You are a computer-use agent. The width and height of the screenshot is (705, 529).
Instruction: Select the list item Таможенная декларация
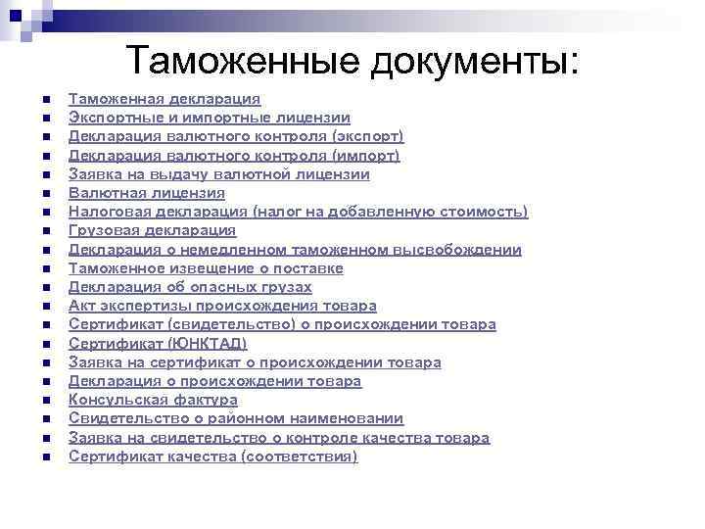164,100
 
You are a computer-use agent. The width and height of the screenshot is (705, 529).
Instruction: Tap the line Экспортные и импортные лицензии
210,119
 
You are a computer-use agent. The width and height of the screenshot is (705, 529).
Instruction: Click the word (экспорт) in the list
368,137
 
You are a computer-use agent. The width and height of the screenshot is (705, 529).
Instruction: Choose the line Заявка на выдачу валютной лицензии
218,174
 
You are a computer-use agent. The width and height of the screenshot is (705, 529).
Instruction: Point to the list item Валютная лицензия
146,193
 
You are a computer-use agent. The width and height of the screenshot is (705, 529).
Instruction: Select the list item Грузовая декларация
152,230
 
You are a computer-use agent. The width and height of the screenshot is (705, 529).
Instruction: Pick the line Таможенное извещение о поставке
206,268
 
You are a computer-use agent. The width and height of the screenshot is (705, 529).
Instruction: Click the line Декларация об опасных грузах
190,287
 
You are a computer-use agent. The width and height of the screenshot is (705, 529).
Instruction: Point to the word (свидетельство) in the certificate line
224,324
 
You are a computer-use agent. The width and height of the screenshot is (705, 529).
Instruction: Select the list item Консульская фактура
153,400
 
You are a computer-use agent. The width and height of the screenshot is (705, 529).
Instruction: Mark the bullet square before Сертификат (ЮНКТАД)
45,344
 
